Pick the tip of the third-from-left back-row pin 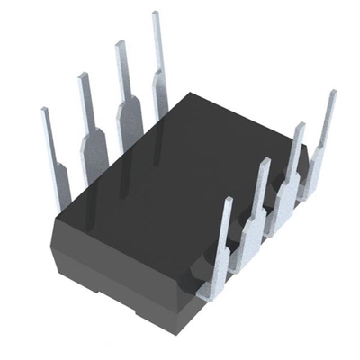tap(119, 45)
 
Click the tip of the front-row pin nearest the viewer tap(227, 202)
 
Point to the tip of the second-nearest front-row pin tap(265, 163)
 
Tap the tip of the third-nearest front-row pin tap(300, 126)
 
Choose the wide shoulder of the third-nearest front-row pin tap(287, 193)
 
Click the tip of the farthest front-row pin tap(332, 93)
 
